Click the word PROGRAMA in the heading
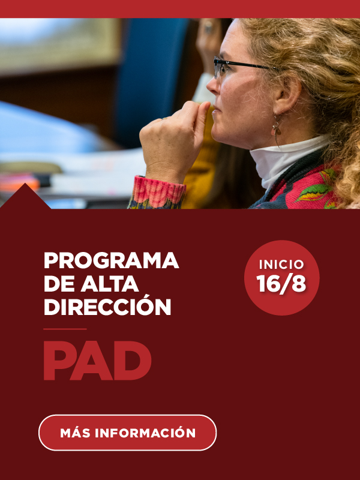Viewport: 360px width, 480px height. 112,260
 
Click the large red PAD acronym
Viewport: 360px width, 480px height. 97,361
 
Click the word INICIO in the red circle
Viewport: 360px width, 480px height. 281,265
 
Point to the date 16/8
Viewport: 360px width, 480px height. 281,284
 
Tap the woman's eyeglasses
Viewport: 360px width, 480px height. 242,67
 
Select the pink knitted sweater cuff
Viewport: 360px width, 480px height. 158,192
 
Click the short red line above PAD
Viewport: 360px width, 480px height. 65,329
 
